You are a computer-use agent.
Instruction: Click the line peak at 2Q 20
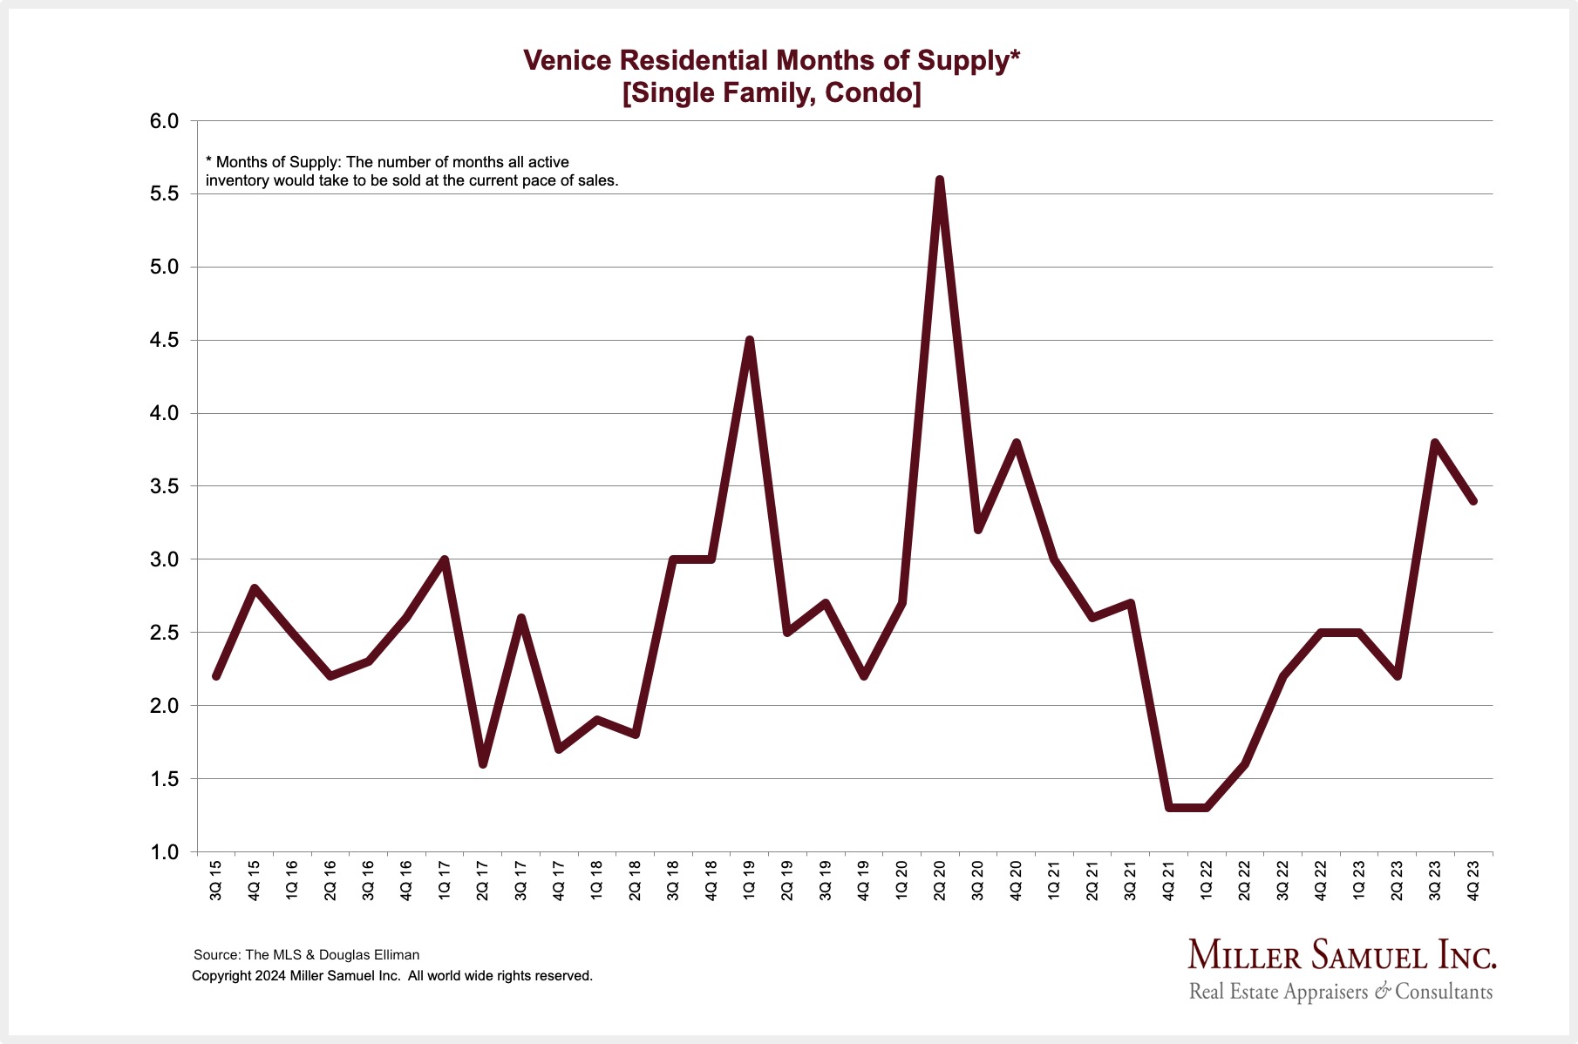[940, 180]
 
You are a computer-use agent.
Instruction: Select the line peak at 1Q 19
[749, 341]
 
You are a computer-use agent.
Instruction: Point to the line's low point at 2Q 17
[483, 763]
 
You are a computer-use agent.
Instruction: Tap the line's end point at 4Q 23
[1473, 500]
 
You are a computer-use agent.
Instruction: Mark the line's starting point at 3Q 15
[216, 676]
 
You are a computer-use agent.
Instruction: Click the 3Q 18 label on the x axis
[673, 880]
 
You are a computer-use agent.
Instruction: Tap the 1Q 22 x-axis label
[1207, 880]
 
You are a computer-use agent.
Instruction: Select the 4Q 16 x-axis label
[406, 880]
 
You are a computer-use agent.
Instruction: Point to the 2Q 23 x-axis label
[1397, 880]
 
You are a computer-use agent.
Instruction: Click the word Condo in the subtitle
[867, 92]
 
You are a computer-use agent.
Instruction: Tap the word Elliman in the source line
[395, 954]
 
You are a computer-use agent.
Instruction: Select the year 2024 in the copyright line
[270, 976]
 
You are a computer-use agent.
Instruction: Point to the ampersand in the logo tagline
[1382, 992]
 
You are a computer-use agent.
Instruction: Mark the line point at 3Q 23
[1435, 443]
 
